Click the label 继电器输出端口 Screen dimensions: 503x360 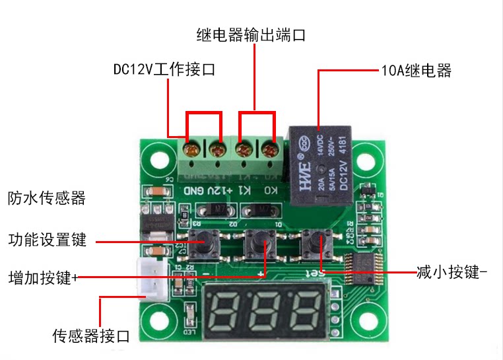click(x=251, y=35)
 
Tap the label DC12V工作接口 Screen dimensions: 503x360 click(x=164, y=69)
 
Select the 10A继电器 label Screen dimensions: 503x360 click(x=417, y=71)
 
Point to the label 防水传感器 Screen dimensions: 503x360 click(x=47, y=198)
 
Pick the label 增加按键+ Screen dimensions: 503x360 click(x=44, y=277)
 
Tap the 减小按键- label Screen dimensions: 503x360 click(x=452, y=271)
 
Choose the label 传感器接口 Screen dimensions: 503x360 click(x=92, y=336)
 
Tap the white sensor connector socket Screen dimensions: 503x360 click(x=151, y=277)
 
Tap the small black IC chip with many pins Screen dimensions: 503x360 click(x=368, y=269)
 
